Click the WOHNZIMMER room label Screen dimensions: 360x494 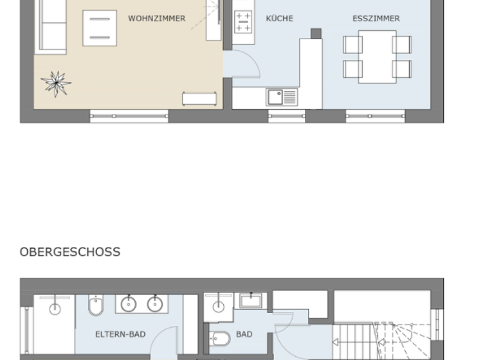click(x=156, y=19)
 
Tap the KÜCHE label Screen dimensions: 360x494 click(x=279, y=19)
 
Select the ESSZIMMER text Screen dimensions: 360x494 click(x=376, y=19)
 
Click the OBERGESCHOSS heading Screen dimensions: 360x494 click(x=69, y=251)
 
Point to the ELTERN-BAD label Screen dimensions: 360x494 click(x=120, y=334)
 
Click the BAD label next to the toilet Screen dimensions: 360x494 click(x=244, y=334)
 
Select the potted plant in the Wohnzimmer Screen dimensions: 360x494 click(x=55, y=83)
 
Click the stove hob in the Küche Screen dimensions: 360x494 click(x=243, y=22)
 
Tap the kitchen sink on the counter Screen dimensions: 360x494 click(x=281, y=97)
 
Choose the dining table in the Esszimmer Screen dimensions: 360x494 click(x=377, y=57)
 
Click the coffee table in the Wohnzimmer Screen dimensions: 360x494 click(x=100, y=28)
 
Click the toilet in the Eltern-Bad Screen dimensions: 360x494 click(x=96, y=307)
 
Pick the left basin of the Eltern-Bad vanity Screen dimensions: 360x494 click(x=129, y=304)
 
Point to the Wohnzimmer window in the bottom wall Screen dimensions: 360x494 click(x=129, y=116)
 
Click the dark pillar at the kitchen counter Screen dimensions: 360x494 click(x=316, y=33)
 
